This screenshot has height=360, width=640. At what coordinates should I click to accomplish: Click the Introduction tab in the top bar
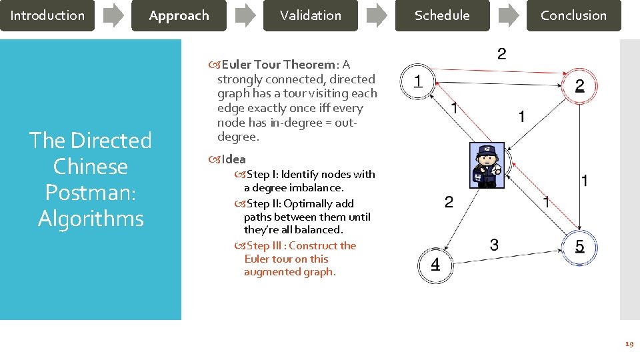(x=47, y=15)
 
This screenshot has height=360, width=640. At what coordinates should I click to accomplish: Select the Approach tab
(x=179, y=15)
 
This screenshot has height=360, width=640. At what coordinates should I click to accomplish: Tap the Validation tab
(x=310, y=15)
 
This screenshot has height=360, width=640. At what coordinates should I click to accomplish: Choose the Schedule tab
(x=442, y=15)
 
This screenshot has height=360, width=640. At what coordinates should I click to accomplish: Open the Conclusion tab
(x=573, y=15)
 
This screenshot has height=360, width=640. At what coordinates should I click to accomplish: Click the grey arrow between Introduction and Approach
(x=113, y=15)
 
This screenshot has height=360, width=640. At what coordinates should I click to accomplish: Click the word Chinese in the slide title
(x=90, y=166)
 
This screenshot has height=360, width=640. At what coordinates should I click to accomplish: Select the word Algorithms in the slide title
(x=91, y=218)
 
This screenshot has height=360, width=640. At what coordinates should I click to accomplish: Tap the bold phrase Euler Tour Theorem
(x=278, y=65)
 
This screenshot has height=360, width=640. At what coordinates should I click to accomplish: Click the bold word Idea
(x=233, y=159)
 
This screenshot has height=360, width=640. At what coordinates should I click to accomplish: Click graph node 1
(x=417, y=82)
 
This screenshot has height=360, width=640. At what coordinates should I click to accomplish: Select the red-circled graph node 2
(x=579, y=86)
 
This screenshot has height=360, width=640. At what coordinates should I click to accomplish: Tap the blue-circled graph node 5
(x=579, y=247)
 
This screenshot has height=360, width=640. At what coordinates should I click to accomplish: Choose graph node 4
(x=435, y=265)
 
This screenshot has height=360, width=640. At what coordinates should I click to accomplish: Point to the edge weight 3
(x=493, y=245)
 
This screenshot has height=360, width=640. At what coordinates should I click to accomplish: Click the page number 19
(x=628, y=345)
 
